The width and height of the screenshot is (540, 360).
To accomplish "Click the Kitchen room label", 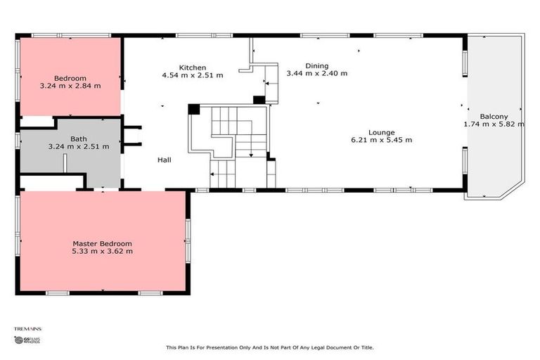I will click(192, 67).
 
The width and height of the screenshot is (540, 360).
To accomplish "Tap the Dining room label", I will click(316, 65).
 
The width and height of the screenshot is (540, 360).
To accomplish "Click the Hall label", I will click(165, 160).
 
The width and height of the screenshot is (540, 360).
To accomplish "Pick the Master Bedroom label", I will click(102, 243).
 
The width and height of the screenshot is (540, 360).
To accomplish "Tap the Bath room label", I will click(79, 139).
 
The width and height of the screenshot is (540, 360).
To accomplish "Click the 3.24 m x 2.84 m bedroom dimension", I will click(70, 86).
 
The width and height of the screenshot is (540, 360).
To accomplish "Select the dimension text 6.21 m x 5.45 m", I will click(382, 140).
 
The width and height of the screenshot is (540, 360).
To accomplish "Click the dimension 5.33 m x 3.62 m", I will click(102, 251).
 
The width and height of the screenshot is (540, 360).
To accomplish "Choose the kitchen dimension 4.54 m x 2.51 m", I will click(192, 75).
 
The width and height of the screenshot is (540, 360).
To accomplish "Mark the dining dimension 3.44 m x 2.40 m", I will click(316, 72).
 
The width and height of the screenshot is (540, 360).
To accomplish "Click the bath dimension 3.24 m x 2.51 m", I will click(79, 147).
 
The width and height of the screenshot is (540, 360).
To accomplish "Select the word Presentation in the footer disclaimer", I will click(212, 347).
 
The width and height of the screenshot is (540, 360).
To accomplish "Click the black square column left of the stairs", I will click(194, 110).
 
